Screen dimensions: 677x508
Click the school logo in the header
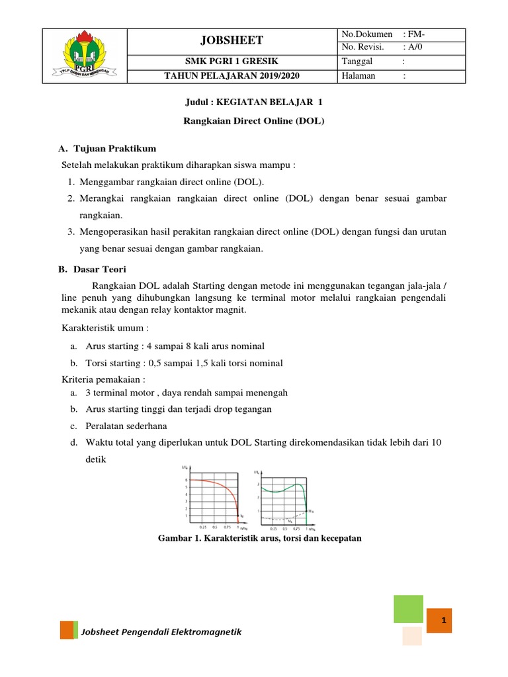coord(84,56)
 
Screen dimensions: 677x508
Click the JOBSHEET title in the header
coord(232,40)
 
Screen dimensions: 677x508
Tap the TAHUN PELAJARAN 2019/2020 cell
coord(232,76)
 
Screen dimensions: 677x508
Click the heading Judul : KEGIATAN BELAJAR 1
coord(253,102)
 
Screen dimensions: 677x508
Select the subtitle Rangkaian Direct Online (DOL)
coord(253,123)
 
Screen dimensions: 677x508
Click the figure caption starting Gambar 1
coord(259,538)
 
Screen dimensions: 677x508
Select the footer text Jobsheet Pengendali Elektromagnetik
coord(161,632)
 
